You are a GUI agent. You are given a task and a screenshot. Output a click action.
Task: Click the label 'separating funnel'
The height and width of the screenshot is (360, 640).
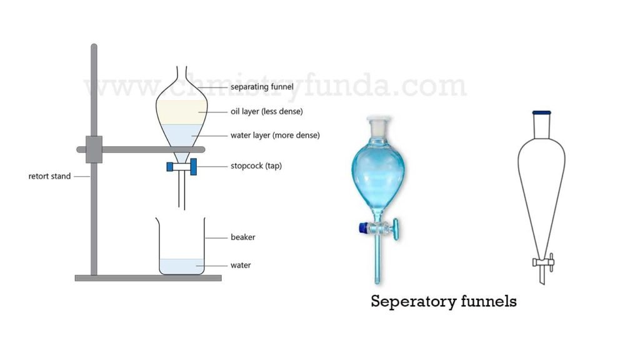(262, 87)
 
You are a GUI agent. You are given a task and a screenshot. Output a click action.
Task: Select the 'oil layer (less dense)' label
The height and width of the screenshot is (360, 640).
(266, 111)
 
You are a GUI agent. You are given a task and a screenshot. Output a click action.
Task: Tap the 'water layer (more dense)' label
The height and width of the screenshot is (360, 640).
(275, 135)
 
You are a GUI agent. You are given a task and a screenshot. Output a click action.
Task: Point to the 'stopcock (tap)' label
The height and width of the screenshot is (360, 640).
(256, 166)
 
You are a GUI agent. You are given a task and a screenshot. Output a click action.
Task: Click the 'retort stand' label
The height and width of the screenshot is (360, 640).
(49, 176)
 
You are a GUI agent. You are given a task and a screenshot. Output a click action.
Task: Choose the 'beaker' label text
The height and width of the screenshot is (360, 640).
(243, 237)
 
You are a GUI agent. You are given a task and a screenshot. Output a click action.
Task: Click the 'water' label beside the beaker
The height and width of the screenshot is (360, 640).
(241, 265)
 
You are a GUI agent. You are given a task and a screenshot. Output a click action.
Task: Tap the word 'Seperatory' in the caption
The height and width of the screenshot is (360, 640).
(414, 302)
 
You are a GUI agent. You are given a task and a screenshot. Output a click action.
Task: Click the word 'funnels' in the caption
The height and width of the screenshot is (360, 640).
(489, 301)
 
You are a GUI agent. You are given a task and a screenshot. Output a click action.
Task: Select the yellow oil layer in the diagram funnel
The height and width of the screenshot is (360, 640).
(181, 112)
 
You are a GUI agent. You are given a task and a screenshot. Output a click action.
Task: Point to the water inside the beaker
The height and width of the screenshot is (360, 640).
(182, 266)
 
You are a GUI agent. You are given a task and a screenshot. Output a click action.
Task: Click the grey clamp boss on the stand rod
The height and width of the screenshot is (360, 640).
(94, 149)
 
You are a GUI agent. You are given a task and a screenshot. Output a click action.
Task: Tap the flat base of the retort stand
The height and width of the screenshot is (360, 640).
(148, 278)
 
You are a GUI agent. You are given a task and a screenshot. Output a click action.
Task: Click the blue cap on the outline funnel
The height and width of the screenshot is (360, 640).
(542, 112)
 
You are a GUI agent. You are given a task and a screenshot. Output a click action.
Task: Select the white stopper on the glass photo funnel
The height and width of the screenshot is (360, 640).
(378, 125)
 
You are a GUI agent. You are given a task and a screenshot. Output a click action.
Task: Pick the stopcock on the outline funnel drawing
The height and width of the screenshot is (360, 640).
(543, 262)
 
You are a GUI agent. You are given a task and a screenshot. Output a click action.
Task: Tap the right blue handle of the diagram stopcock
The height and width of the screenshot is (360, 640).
(194, 166)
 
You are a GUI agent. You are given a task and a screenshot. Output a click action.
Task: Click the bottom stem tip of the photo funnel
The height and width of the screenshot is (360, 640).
(377, 282)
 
